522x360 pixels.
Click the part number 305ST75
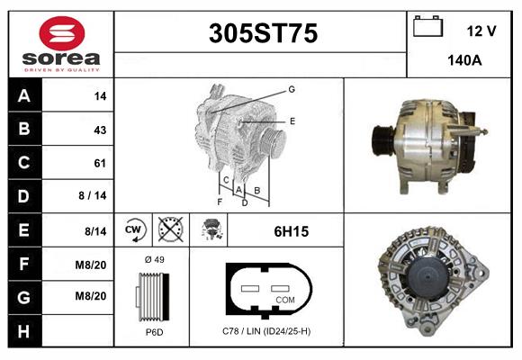(263, 33)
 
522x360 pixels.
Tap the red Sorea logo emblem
(62, 33)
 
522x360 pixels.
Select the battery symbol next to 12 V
(427, 26)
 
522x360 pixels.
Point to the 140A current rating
(464, 60)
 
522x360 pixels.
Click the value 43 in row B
(100, 130)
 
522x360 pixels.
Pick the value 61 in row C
(100, 163)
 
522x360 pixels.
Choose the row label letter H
(23, 331)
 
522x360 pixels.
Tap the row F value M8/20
(91, 265)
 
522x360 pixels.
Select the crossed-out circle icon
(170, 229)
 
